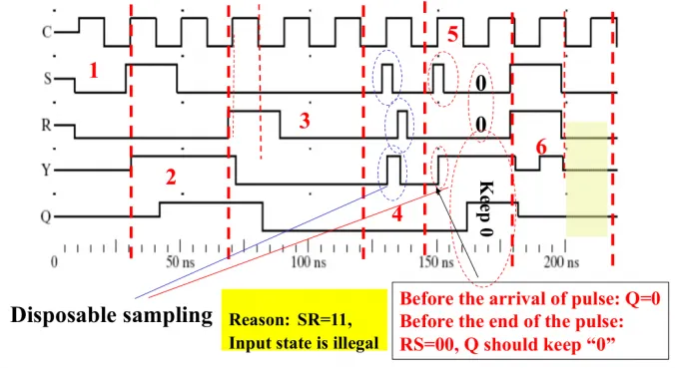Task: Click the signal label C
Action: pyautogui.click(x=47, y=32)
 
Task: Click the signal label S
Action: pyautogui.click(x=47, y=79)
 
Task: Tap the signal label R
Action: pyautogui.click(x=46, y=125)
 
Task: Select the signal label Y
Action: pyautogui.click(x=47, y=171)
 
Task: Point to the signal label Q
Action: pyautogui.click(x=46, y=216)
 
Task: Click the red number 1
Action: pyautogui.click(x=94, y=70)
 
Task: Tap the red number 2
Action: pyautogui.click(x=171, y=178)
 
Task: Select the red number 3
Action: pyautogui.click(x=305, y=122)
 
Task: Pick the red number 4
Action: pyautogui.click(x=396, y=214)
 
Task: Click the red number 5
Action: pyautogui.click(x=453, y=34)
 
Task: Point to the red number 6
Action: pyautogui.click(x=541, y=148)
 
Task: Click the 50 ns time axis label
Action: pyautogui.click(x=181, y=262)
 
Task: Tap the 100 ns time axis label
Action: pyautogui.click(x=309, y=262)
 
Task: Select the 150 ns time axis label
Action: pyautogui.click(x=436, y=262)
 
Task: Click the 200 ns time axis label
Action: pyautogui.click(x=561, y=262)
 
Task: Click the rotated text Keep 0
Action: pyautogui.click(x=486, y=209)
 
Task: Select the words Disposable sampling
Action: pyautogui.click(x=112, y=315)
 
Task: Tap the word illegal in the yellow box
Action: pyautogui.click(x=356, y=343)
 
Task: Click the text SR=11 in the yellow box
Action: pyautogui.click(x=325, y=320)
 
